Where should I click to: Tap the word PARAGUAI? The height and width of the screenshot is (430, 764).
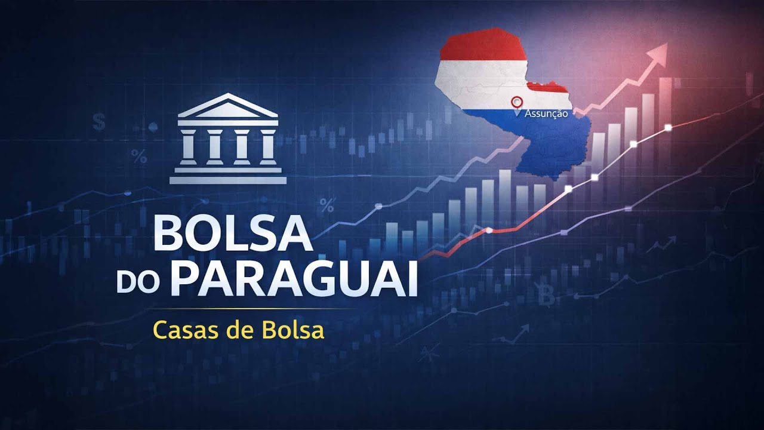point(297,278)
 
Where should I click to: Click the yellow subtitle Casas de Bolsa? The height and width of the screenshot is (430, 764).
point(239,330)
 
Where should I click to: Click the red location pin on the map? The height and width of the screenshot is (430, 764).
point(517,102)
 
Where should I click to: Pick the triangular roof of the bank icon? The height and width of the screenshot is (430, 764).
point(228,107)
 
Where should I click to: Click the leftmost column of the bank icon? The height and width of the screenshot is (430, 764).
point(189,146)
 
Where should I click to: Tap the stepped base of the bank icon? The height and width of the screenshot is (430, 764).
point(228,176)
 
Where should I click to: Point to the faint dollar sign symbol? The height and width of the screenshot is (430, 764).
point(99,123)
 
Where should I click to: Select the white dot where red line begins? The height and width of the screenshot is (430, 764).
point(489,230)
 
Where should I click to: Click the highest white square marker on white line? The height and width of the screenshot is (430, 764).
point(668,127)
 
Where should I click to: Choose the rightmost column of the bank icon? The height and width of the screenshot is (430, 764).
point(268,146)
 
